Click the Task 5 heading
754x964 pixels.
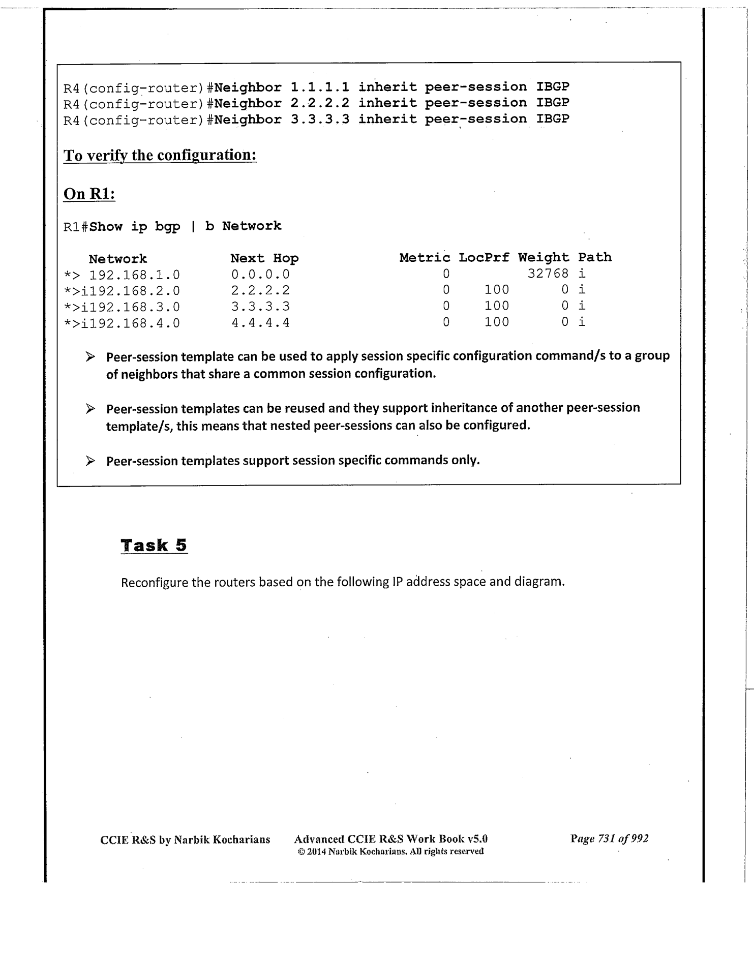(154, 546)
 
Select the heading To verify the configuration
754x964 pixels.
(160, 155)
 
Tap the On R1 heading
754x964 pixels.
(89, 194)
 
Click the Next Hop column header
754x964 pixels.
(264, 258)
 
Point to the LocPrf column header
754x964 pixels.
(484, 258)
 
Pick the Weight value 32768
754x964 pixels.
(548, 274)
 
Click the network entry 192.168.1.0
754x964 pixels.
(134, 275)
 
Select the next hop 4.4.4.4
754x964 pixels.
(260, 323)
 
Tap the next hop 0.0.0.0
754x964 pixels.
(260, 275)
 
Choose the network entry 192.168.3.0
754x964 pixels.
(134, 307)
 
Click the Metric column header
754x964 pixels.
(425, 258)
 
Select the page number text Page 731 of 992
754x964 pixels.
(609, 839)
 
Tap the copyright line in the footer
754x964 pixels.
(390, 851)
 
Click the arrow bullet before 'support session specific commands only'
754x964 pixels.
(91, 461)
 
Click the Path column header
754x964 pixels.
(595, 257)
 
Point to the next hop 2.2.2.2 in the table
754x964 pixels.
(260, 291)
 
